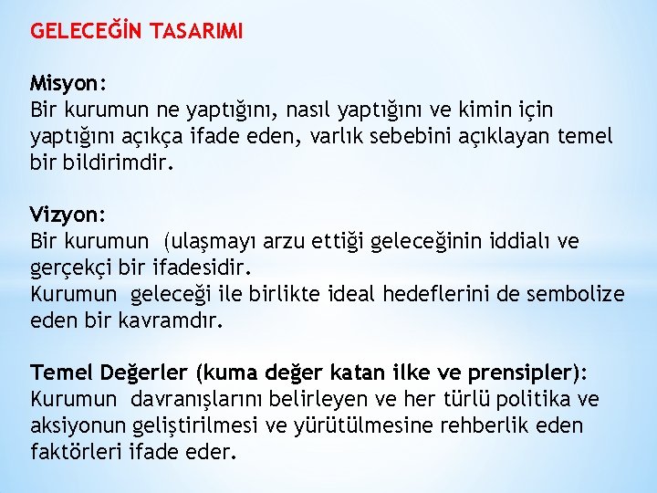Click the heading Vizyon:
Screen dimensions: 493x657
pos(68,215)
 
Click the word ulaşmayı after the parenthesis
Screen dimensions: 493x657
pos(213,242)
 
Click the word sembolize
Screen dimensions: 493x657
pos(581,295)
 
